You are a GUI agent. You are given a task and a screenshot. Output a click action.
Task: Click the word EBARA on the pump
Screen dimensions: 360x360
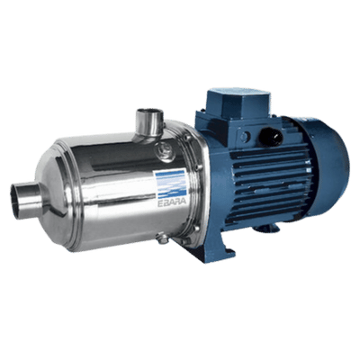171,201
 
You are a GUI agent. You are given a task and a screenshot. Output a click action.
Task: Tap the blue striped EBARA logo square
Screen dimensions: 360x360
171,183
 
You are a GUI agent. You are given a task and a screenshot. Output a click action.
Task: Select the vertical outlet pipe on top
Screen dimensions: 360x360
149,122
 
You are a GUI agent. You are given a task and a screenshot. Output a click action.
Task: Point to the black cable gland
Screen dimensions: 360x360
271,136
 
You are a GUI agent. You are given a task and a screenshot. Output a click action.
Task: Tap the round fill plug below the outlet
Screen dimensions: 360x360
165,150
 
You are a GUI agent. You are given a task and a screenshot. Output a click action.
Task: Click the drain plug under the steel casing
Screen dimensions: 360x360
162,238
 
